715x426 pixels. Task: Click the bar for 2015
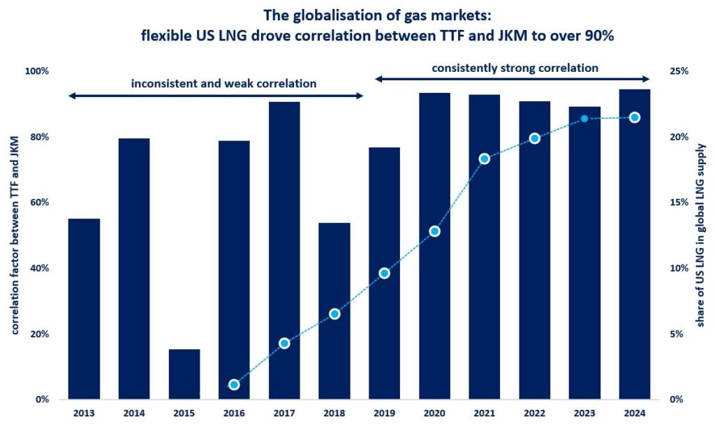click(x=184, y=374)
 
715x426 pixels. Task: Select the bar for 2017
click(x=284, y=251)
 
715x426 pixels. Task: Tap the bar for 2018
click(x=334, y=311)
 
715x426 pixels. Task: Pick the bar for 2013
click(x=84, y=309)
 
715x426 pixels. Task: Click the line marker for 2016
click(x=235, y=385)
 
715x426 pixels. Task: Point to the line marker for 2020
click(x=434, y=231)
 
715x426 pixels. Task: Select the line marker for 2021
click(x=485, y=159)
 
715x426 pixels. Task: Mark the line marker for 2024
click(x=635, y=117)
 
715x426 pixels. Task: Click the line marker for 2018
click(x=334, y=314)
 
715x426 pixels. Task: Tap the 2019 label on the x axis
click(x=384, y=413)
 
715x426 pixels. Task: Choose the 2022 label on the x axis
click(x=534, y=413)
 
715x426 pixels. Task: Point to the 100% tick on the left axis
click(x=36, y=71)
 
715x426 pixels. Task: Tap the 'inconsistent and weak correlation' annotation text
click(x=223, y=84)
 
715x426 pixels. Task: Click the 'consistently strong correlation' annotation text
click(x=515, y=68)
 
